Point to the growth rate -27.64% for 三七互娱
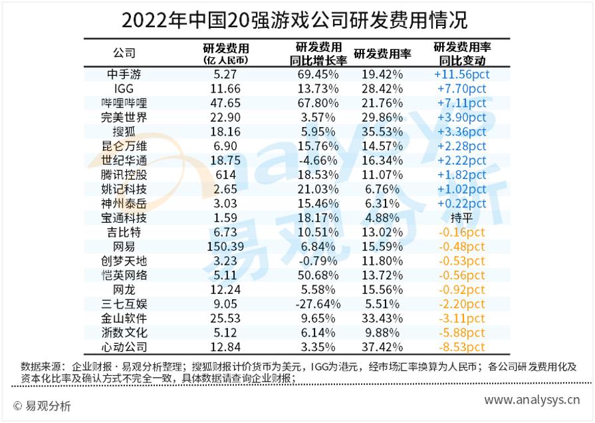point(318,303)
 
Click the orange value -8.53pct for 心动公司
point(461,347)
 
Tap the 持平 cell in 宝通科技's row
point(461,217)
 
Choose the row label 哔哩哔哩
point(124,103)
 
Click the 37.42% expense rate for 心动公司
point(382,347)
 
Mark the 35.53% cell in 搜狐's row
point(382,132)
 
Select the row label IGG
point(124,88)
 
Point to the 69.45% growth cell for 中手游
point(318,74)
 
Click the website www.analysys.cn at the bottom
point(531,400)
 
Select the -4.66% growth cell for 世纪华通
point(318,160)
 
